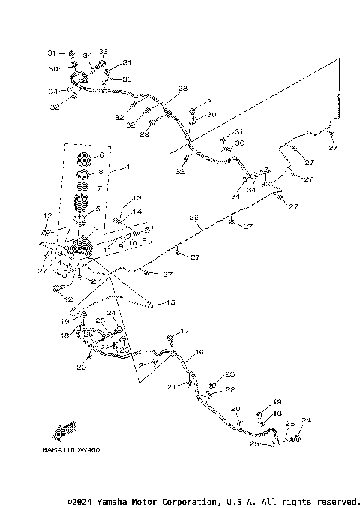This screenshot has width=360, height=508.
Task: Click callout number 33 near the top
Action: coord(103,51)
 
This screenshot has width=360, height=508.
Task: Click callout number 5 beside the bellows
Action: coord(97,209)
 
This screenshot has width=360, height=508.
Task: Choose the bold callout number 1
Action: coord(127,165)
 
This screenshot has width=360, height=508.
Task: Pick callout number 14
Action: coord(136,212)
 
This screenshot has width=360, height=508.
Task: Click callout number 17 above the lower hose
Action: coord(185,331)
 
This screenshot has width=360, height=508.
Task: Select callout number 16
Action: coord(199,351)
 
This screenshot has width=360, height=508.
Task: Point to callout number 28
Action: coord(182,89)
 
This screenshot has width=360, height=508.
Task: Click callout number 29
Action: coord(145,134)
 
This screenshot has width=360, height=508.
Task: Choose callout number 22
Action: coord(231,389)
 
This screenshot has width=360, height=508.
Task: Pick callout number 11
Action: coord(107,248)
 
